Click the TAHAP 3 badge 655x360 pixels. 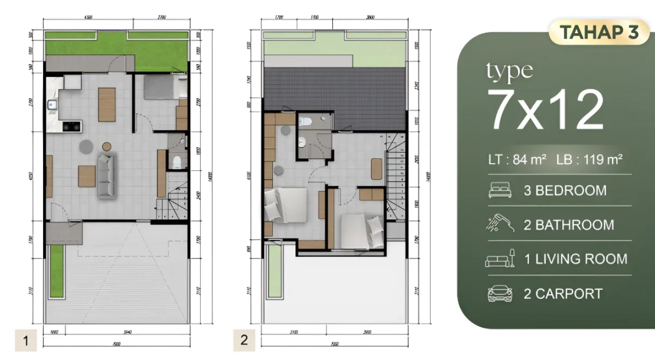click(x=599, y=33)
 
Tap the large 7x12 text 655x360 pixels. click(x=546, y=109)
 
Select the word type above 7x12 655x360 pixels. click(x=509, y=71)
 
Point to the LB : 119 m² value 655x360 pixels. click(x=590, y=160)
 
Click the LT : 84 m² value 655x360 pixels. click(x=517, y=160)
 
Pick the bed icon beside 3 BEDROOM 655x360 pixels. click(x=500, y=191)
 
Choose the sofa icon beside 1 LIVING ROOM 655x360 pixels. click(x=500, y=259)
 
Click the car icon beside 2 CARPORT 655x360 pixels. click(x=500, y=293)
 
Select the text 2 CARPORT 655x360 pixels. click(x=563, y=293)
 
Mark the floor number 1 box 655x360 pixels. click(x=25, y=341)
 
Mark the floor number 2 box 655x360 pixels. click(x=243, y=340)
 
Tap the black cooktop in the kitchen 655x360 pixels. click(x=72, y=127)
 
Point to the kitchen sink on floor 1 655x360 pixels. click(x=53, y=104)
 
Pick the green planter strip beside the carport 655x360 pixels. click(x=55, y=271)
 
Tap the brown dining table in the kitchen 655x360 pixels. click(x=106, y=104)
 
